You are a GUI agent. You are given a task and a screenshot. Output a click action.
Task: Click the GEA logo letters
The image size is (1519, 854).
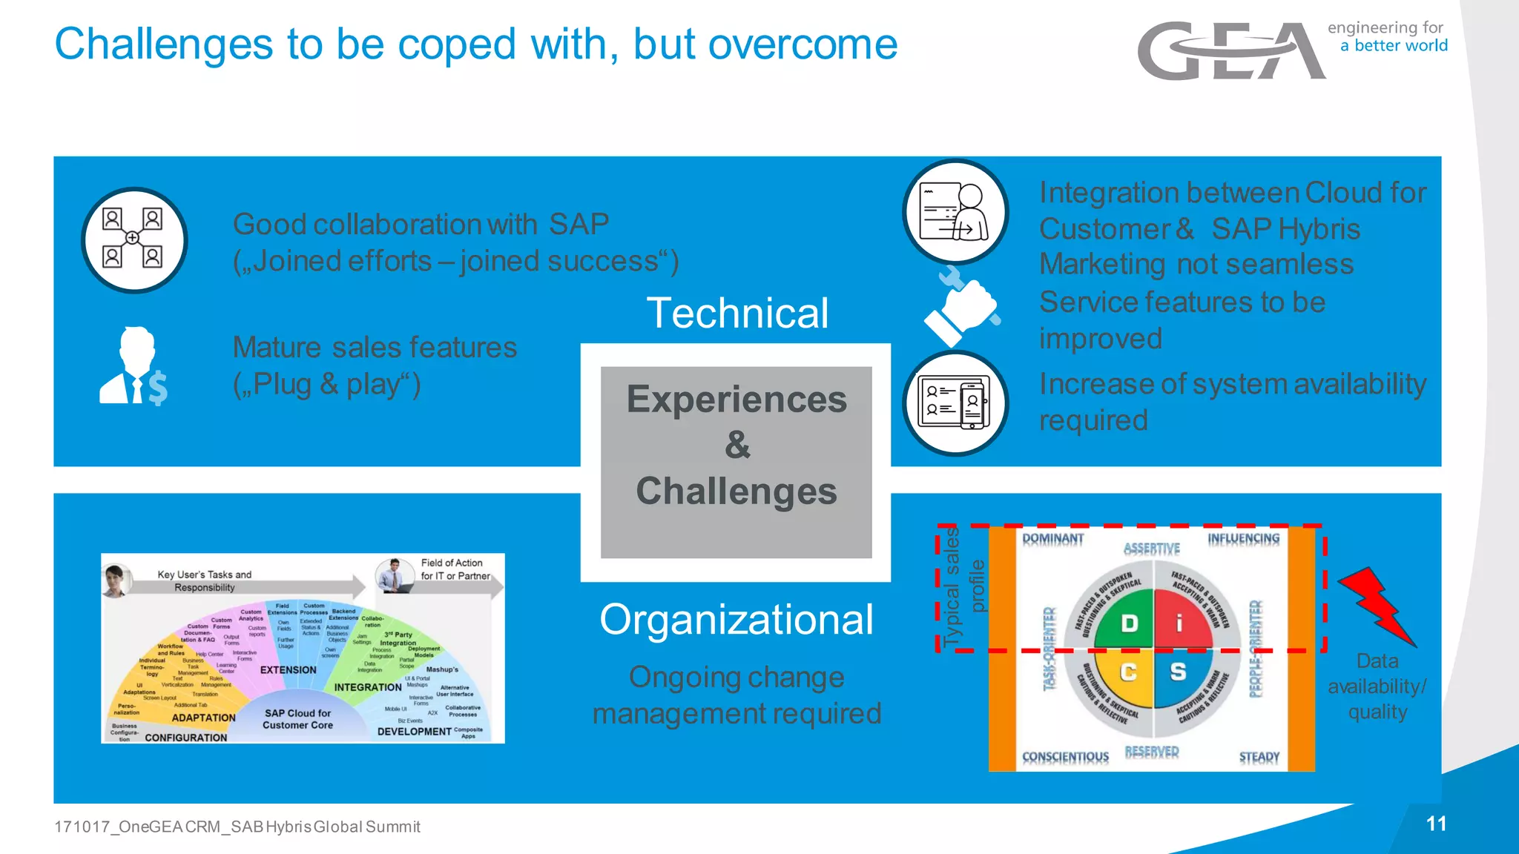point(1231,50)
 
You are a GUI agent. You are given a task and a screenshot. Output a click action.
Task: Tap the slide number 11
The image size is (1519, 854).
point(1436,824)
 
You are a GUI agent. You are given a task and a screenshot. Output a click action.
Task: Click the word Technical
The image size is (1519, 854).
point(737,313)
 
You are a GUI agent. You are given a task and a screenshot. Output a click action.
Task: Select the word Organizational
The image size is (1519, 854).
point(736,620)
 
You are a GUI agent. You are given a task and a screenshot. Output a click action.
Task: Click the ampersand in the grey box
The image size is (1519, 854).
point(737,446)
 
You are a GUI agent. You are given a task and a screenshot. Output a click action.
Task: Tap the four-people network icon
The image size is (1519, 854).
point(134,239)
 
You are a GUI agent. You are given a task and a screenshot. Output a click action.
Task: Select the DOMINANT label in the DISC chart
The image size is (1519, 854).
point(1052,538)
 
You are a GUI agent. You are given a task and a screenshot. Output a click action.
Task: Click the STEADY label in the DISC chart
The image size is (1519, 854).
point(1259,757)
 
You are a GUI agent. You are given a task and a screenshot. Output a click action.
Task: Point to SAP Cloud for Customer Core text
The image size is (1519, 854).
point(297,719)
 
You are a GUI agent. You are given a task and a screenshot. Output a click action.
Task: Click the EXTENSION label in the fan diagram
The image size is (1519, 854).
point(288,669)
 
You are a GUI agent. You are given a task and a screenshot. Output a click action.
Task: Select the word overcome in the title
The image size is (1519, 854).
point(803,44)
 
